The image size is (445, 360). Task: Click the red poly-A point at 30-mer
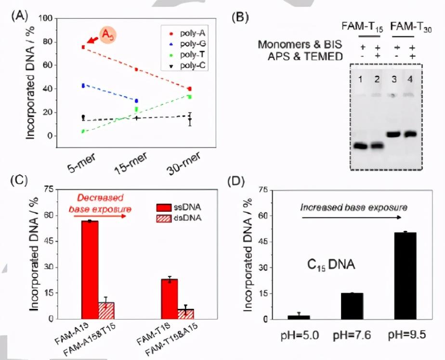point(190,89)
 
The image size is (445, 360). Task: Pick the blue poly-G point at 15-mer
point(136,101)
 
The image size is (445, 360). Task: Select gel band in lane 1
point(360,146)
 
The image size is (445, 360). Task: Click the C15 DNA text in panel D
point(331,264)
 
